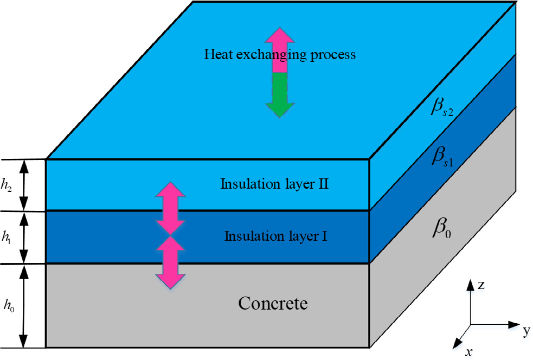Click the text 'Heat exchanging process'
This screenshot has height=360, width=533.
tap(279, 54)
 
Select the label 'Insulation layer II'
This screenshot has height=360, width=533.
tap(274, 184)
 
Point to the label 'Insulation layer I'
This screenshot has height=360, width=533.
tap(275, 236)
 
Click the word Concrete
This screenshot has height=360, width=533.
tap(273, 303)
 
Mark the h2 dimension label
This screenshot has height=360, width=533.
tap(7, 185)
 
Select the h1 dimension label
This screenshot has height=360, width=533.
tap(7, 236)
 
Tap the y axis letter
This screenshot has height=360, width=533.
tap(525, 331)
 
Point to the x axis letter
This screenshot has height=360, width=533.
tap(469, 352)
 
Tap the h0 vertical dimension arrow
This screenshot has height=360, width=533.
tap(23, 306)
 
